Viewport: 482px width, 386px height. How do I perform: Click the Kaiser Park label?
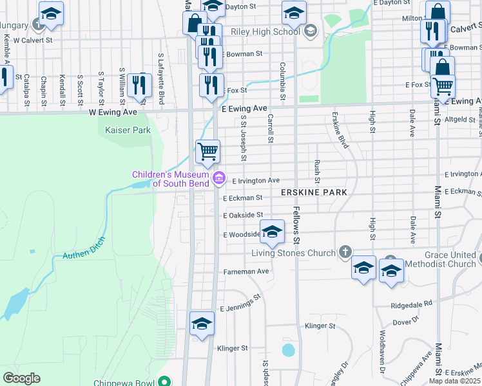pyautogui.click(x=128, y=130)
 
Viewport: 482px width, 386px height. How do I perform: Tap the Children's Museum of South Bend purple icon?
pyautogui.click(x=220, y=178)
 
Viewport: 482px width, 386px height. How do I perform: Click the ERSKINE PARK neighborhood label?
pyautogui.click(x=314, y=192)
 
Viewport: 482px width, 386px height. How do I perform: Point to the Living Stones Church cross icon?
pyautogui.click(x=345, y=252)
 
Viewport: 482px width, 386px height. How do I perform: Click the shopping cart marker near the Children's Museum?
pyautogui.click(x=207, y=152)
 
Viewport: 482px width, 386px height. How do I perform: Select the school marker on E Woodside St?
pyautogui.click(x=272, y=232)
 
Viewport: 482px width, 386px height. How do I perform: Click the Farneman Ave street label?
pyautogui.click(x=246, y=271)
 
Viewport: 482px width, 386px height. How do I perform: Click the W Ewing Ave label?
pyautogui.click(x=113, y=112)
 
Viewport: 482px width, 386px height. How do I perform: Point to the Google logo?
pyautogui.click(x=21, y=378)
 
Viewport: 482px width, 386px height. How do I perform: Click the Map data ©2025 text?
pyautogui.click(x=454, y=381)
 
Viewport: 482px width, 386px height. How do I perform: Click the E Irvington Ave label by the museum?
pyautogui.click(x=256, y=181)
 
